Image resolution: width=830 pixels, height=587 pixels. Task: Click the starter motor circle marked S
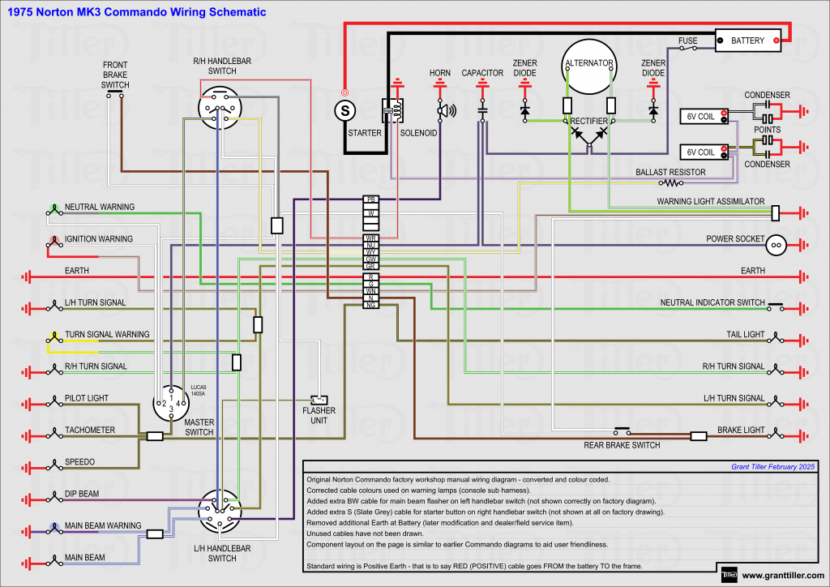346,109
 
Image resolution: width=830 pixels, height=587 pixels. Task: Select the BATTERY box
747,40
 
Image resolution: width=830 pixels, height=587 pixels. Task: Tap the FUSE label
688,40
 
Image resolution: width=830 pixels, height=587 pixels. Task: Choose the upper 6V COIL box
702,117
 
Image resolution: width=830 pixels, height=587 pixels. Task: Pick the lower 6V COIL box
702,152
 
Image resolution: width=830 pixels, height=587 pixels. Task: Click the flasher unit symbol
319,400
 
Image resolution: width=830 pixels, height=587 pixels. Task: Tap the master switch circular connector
171,403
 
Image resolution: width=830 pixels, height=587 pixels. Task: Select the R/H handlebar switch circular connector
219,109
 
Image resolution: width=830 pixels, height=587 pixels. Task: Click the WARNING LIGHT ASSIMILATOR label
710,201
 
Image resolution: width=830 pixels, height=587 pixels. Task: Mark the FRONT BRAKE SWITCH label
115,75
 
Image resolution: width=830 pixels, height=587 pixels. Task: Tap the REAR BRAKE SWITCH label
622,445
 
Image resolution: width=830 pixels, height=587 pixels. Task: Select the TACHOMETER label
90,431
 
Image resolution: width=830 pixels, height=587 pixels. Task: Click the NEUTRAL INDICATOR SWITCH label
712,302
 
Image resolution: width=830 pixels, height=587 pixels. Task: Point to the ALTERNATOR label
588,63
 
